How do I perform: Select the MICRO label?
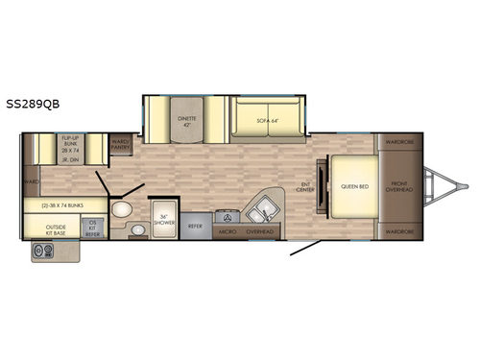tap(228, 231)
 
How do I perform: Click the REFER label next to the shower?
tap(195, 227)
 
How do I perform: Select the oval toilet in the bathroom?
tap(121, 210)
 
